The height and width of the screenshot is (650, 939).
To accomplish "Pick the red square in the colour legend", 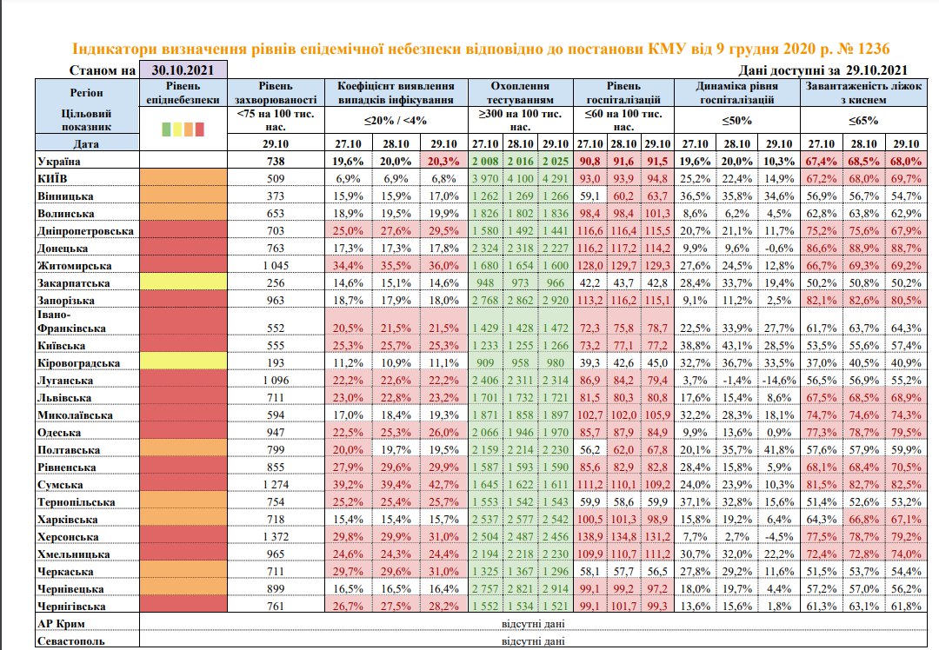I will point(199,129).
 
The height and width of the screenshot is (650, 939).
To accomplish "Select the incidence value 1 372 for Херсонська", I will point(273,536).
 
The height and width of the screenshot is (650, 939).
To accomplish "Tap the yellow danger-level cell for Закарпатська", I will point(183,282).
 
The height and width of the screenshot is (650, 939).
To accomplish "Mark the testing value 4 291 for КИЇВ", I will point(556,178).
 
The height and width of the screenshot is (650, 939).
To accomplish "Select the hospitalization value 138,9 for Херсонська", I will point(590,536).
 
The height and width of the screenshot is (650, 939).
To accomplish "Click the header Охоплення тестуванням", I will point(521,92).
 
